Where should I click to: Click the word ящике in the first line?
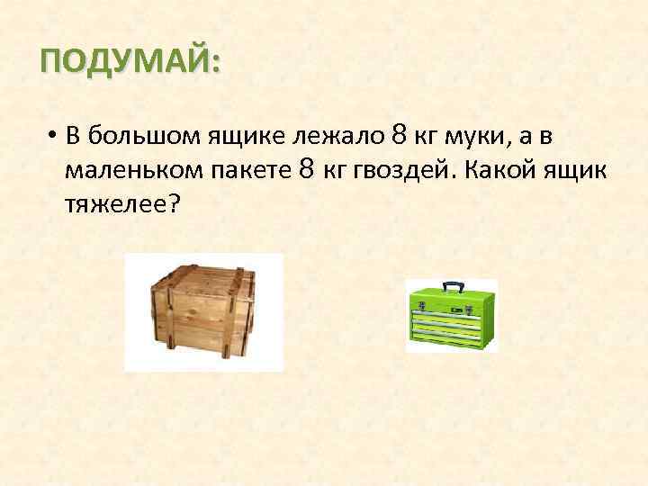(x=243, y=138)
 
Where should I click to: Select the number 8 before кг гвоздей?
(x=306, y=169)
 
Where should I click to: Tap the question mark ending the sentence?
(x=173, y=203)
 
